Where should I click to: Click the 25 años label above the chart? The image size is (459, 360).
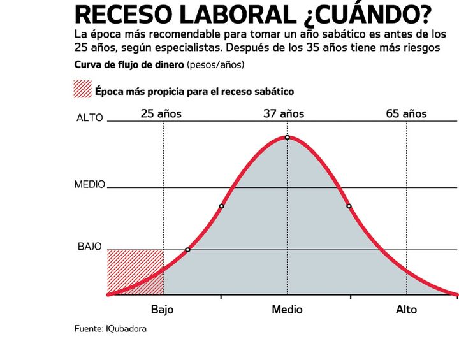(161, 114)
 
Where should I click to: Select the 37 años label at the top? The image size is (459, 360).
(284, 114)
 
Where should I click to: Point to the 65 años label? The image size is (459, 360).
(406, 114)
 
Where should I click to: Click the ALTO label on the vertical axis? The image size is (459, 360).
(89, 118)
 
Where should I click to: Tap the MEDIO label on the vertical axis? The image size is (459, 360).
(89, 185)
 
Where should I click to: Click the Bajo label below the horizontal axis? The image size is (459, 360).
(163, 310)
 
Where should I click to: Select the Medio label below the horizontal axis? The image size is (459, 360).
(287, 310)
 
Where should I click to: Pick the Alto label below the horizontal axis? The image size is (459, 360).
(406, 310)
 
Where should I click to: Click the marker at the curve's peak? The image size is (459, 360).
(288, 137)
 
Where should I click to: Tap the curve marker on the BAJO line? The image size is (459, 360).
(187, 250)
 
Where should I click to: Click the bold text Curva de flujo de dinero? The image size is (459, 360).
(129, 65)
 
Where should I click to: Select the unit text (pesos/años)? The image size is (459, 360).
(215, 65)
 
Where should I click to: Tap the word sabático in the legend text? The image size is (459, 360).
(272, 92)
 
